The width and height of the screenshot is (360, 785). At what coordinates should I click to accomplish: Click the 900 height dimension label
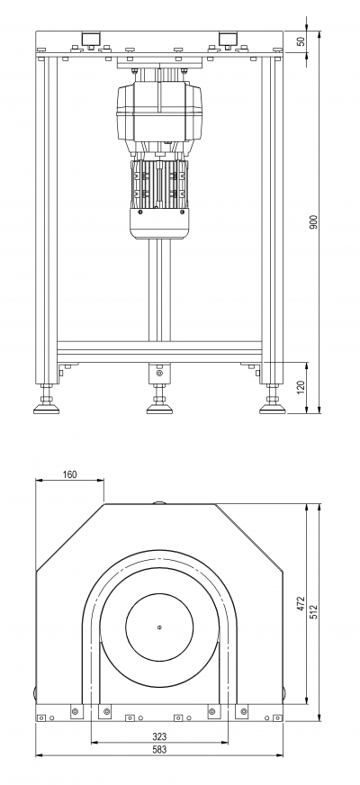pos(313,221)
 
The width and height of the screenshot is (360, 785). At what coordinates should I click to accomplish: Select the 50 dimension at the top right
pos(301,41)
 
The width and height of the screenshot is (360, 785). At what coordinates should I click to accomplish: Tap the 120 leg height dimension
pos(301,387)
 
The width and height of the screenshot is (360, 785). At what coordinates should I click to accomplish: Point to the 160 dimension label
pos(70,474)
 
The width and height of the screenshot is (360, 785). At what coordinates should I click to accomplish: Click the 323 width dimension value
pos(159,736)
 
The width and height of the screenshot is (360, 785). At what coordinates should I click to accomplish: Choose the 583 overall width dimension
pos(159,750)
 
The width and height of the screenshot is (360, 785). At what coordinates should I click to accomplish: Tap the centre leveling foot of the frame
pos(159,400)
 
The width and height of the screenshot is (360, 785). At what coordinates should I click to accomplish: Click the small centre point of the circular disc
pos(159,627)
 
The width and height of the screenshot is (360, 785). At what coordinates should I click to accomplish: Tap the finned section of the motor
pos(158,184)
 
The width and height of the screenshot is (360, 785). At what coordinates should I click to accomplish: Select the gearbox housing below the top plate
pos(159,112)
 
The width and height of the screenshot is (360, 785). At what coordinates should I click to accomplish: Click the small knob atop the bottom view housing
pos(159,501)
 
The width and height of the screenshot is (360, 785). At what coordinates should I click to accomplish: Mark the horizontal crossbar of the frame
pos(159,351)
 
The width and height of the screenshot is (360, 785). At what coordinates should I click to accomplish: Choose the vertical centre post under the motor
pos(159,291)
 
